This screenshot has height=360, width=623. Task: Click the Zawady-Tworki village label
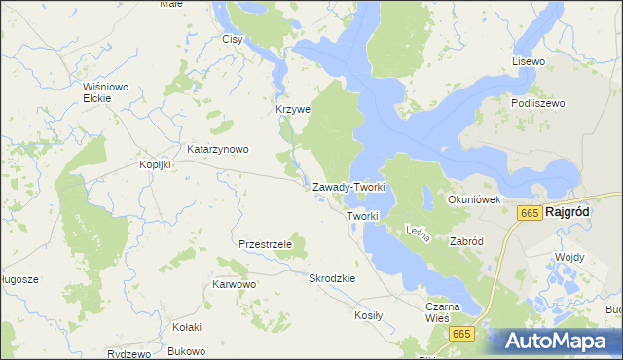pos(349,187)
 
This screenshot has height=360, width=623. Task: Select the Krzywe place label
pos(292,110)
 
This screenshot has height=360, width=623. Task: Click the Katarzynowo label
pos(218,150)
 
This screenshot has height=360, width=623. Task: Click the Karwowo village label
pos(234,285)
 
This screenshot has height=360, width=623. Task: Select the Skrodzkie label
pos(332,278)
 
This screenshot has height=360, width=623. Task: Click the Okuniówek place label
pos(474,199)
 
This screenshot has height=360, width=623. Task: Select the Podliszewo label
pos(537,102)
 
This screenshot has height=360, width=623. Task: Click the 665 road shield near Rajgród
pos(530,213)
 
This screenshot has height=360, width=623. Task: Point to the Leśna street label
pos(416,232)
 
